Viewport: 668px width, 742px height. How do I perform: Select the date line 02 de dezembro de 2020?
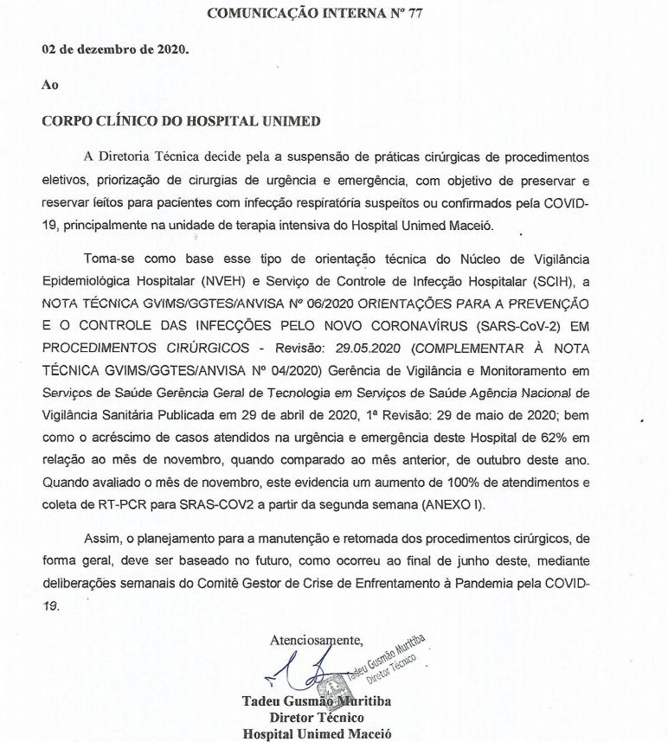(x=115, y=48)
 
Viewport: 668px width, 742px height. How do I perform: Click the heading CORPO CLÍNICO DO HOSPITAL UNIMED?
(x=182, y=121)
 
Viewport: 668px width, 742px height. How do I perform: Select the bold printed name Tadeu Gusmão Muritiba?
(x=317, y=701)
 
